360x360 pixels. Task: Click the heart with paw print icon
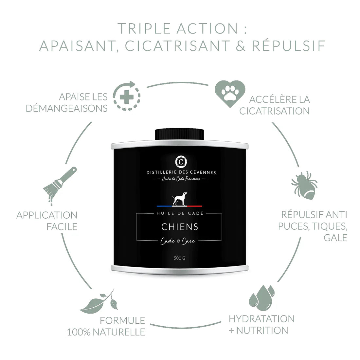pos(230,93)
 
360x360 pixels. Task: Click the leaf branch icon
pos(99,302)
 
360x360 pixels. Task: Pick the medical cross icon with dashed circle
pos(127,96)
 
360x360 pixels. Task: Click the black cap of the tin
pos(180,134)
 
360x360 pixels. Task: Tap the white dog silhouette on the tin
pos(180,199)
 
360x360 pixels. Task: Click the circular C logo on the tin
pos(181,162)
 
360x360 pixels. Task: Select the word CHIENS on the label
pos(180,227)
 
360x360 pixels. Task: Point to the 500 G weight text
pos(180,258)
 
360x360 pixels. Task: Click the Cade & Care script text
pos(178,241)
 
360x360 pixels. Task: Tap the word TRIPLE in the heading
pos(144,29)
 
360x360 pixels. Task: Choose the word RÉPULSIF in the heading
pos(289,45)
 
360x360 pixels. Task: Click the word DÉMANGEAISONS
pos(66,108)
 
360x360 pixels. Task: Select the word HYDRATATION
pos(262,319)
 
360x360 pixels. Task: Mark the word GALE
pos(335,238)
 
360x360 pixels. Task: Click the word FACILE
pos(62,227)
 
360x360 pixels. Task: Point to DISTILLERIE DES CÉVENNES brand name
pos(181,172)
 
